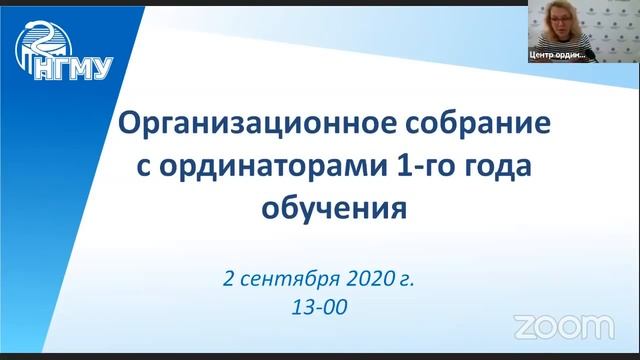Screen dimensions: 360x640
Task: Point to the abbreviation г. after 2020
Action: click(x=405, y=278)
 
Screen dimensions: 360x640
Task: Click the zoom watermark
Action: click(x=563, y=325)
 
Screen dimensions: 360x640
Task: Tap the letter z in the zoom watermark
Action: click(x=524, y=326)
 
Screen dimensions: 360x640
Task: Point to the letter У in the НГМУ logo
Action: click(x=103, y=68)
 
